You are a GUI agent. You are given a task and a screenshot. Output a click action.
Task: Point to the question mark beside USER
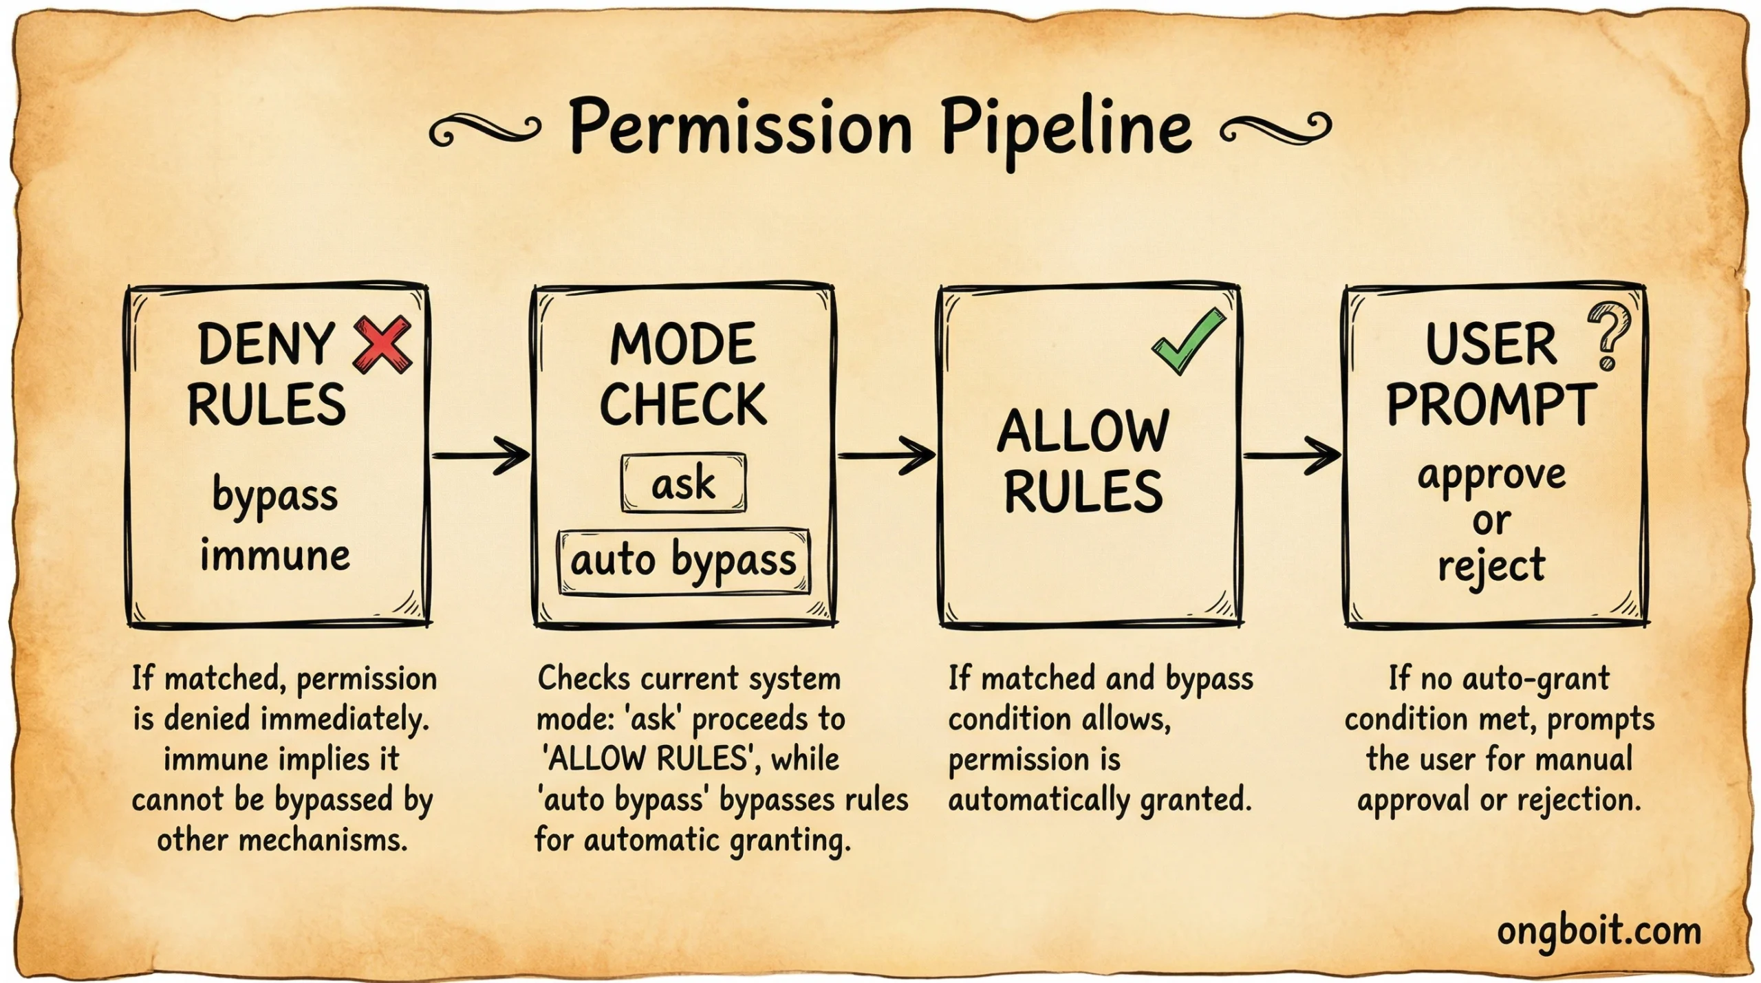(x=1608, y=335)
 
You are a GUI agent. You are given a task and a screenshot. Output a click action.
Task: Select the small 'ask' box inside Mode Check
(x=683, y=483)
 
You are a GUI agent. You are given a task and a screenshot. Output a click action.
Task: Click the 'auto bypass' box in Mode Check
(x=684, y=561)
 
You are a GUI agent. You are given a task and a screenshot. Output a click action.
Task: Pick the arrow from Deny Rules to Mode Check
(x=481, y=455)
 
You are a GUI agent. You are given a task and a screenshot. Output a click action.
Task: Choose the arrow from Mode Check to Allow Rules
(x=886, y=455)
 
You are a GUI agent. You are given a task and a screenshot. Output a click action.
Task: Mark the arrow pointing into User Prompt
(x=1292, y=455)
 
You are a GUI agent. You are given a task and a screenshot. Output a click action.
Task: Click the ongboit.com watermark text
(x=1599, y=931)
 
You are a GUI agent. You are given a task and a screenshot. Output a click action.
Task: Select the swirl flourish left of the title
(x=484, y=129)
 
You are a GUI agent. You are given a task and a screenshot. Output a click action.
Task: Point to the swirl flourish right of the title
(x=1275, y=129)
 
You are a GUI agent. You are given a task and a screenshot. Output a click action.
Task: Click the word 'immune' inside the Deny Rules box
(x=275, y=556)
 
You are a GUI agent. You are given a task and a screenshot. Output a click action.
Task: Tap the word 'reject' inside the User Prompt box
(x=1491, y=567)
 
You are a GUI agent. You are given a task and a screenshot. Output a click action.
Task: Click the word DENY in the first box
(x=266, y=345)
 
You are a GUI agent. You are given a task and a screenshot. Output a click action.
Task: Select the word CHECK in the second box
(x=683, y=404)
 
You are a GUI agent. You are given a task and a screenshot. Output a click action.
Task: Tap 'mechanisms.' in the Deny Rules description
(x=323, y=841)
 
